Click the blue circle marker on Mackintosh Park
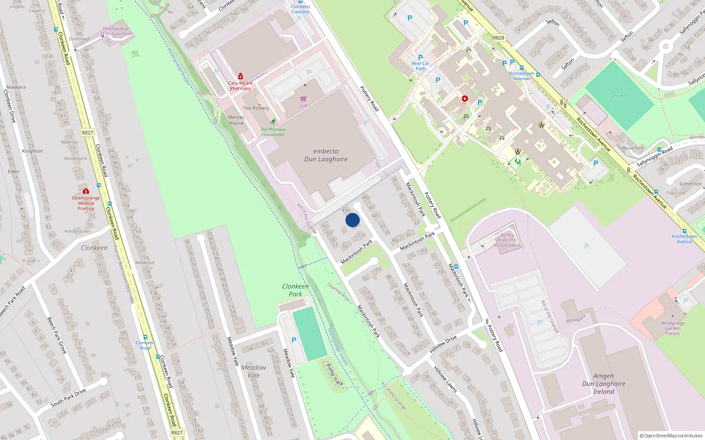[x=352, y=220]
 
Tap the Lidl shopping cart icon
[x=303, y=99]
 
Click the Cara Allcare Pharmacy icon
[x=241, y=76]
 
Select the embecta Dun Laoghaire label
[x=326, y=155]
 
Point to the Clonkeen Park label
[x=295, y=290]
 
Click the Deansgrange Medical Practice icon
[x=86, y=191]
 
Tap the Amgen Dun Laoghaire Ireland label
[x=603, y=384]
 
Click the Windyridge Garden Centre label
[x=672, y=328]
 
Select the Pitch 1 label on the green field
[x=619, y=96]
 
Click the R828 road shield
[x=498, y=38]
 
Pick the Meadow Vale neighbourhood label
[x=253, y=371]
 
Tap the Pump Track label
[x=335, y=374]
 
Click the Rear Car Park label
[x=420, y=66]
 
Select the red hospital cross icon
[x=464, y=99]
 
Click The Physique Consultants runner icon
[x=273, y=121]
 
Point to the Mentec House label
[x=236, y=120]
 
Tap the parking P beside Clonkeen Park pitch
[x=294, y=340]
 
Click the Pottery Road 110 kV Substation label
[x=507, y=240]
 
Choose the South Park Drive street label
[x=68, y=398]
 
